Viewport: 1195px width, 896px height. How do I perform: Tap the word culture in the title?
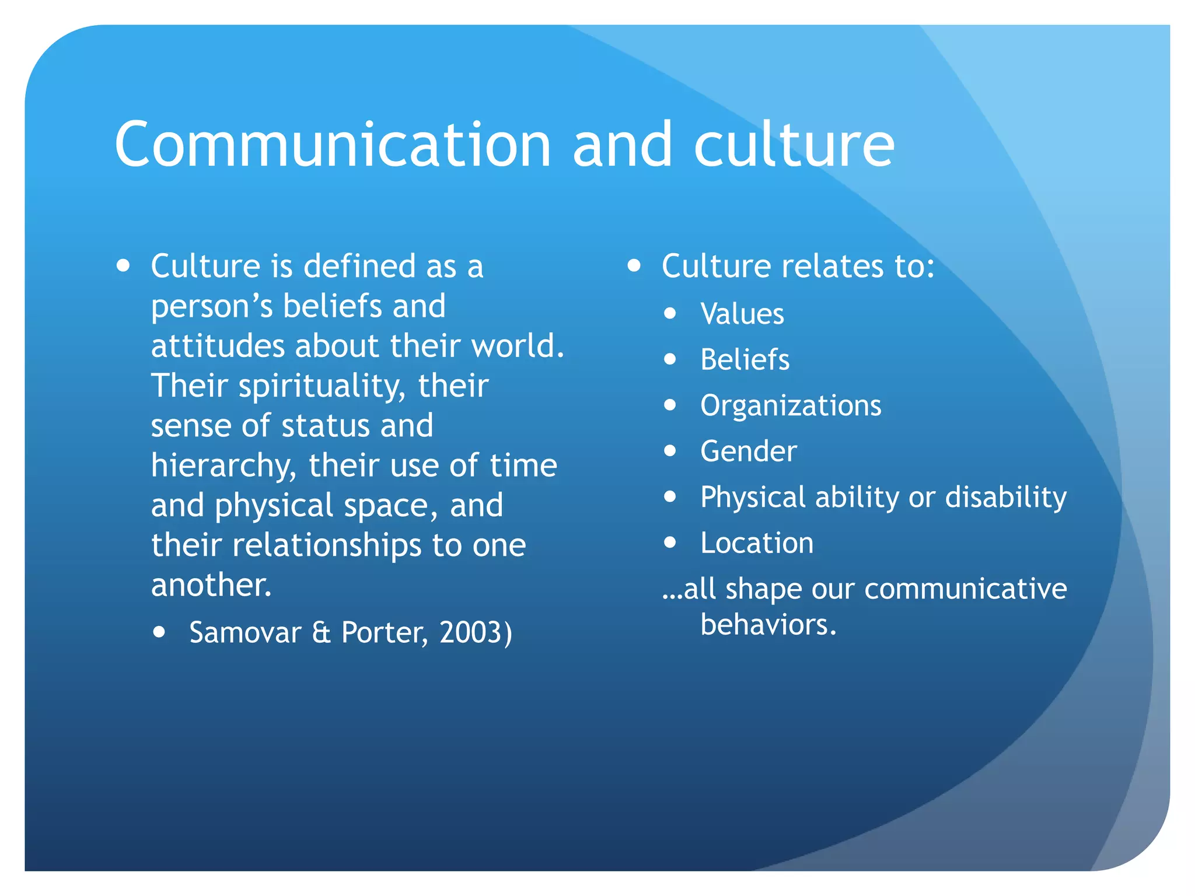click(x=794, y=145)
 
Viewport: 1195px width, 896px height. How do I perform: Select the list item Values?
click(x=742, y=314)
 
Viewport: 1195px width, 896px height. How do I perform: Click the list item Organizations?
click(x=791, y=405)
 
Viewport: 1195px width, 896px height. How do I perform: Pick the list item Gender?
click(x=749, y=451)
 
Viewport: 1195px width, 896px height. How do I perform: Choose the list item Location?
click(x=757, y=543)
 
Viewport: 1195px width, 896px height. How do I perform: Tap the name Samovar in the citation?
click(x=245, y=632)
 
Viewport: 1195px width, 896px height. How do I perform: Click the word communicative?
click(x=966, y=589)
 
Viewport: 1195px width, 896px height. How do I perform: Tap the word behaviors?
click(x=768, y=625)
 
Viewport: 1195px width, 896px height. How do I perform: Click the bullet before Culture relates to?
click(x=634, y=267)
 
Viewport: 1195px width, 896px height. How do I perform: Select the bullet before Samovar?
click(x=159, y=632)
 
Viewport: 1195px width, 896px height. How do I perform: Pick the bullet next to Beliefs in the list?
click(x=670, y=359)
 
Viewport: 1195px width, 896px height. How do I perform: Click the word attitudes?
click(x=217, y=346)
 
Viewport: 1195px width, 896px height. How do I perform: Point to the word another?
click(x=211, y=585)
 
